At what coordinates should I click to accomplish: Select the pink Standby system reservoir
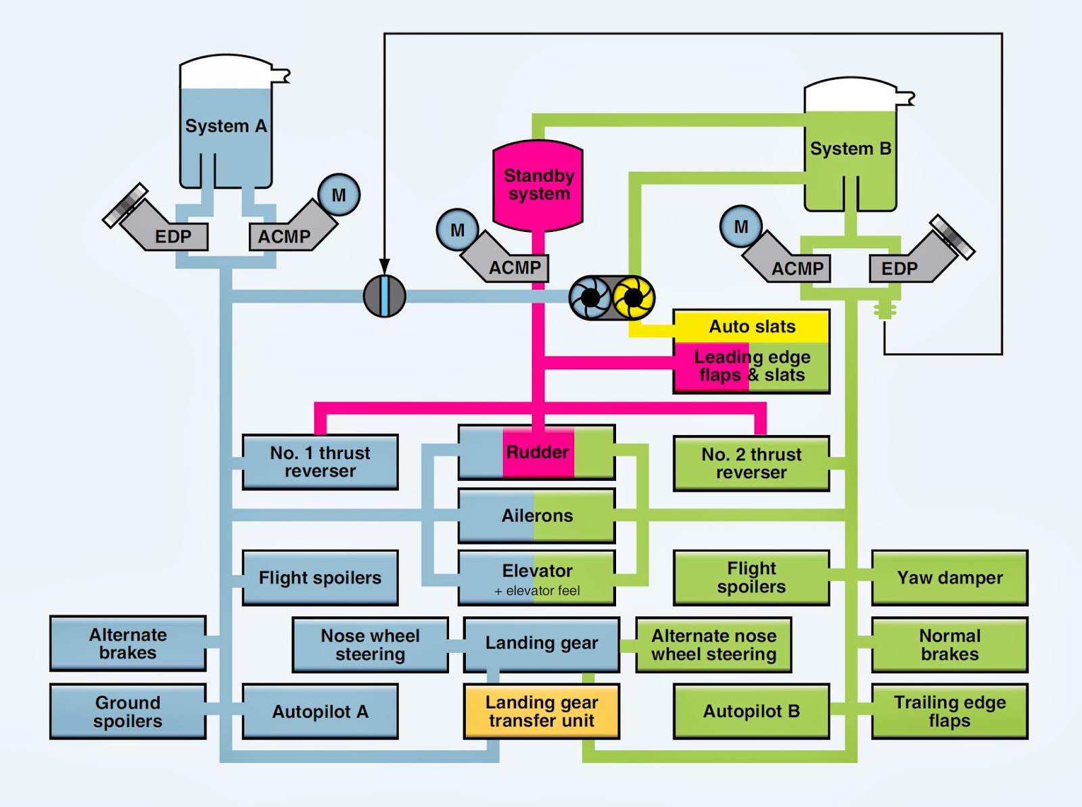[538, 185]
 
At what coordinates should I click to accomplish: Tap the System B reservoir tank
[850, 149]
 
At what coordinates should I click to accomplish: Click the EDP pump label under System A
[173, 237]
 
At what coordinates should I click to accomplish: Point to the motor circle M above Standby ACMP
[457, 230]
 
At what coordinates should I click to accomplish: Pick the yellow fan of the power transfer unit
[633, 297]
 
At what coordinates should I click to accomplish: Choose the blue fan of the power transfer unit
[590, 297]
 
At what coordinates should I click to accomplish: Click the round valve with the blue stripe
[384, 296]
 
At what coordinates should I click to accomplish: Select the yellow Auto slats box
[751, 327]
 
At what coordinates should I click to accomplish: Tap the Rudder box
[537, 452]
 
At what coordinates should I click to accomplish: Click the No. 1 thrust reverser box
[320, 462]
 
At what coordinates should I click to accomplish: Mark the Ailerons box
[537, 515]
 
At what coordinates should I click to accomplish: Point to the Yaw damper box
[949, 578]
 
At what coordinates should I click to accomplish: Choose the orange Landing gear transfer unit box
[541, 712]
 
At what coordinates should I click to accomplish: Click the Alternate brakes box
[128, 643]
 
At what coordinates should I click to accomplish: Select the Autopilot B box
[751, 712]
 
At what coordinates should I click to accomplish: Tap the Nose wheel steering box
[370, 645]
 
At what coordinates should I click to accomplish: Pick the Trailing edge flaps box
[949, 712]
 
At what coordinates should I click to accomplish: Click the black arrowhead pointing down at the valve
[384, 267]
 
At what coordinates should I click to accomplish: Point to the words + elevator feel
[537, 591]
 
